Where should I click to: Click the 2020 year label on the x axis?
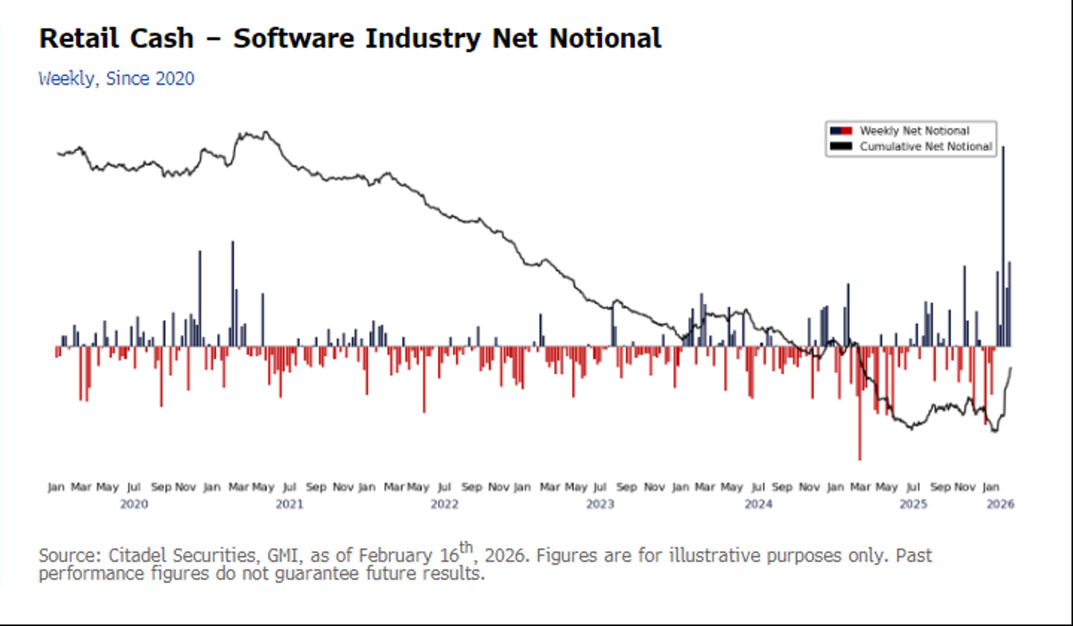pyautogui.click(x=134, y=504)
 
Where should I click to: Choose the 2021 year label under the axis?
pyautogui.click(x=289, y=504)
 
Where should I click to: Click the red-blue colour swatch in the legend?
pyautogui.click(x=841, y=131)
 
